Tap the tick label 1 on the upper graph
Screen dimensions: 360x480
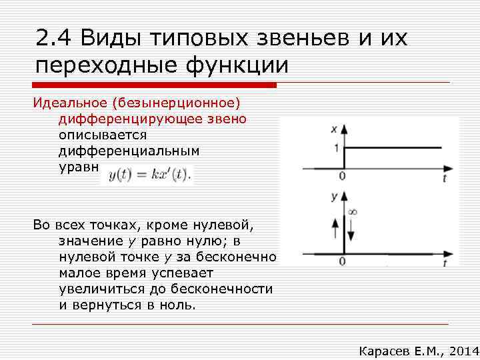[335, 147]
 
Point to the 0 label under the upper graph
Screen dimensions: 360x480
[342, 177]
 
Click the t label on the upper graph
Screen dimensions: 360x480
[444, 178]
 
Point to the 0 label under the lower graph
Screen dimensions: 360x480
[342, 262]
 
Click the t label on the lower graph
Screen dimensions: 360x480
[444, 263]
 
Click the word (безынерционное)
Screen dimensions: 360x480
[176, 103]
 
